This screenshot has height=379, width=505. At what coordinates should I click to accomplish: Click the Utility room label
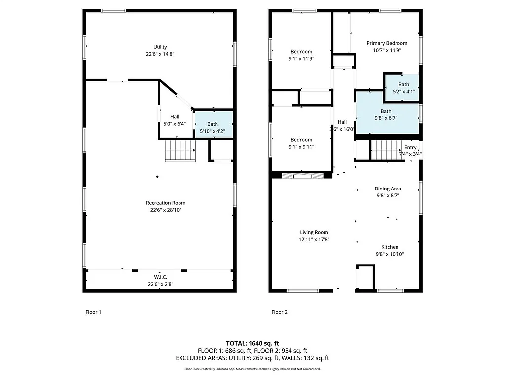pyautogui.click(x=160, y=47)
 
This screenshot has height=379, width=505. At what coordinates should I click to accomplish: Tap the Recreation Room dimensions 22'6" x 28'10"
pyautogui.click(x=166, y=210)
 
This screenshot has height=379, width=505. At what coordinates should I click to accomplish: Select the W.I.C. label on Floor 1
pyautogui.click(x=160, y=277)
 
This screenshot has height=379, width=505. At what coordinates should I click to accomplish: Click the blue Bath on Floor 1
pyautogui.click(x=213, y=124)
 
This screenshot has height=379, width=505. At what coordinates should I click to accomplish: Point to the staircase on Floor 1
pyautogui.click(x=180, y=150)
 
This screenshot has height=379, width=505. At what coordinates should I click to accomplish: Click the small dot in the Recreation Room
pyautogui.click(x=157, y=176)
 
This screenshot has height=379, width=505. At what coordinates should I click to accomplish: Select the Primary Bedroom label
pyautogui.click(x=387, y=43)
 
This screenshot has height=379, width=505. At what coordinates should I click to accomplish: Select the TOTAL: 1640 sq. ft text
pyautogui.click(x=252, y=343)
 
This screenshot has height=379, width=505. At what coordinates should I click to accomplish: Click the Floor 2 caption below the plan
pyautogui.click(x=279, y=312)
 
